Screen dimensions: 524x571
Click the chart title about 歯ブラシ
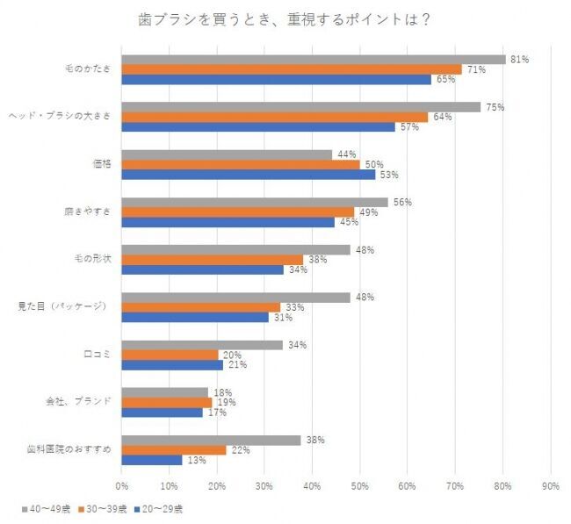285,18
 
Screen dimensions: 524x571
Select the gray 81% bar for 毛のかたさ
314,59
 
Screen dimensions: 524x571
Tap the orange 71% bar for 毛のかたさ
291,69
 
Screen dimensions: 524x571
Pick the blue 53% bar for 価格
248,174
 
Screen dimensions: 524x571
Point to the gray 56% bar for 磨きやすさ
254,202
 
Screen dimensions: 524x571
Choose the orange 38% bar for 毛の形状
212,260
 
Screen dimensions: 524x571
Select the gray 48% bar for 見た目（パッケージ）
235,298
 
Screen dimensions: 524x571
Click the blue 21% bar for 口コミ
172,364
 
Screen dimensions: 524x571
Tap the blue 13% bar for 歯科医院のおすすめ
152,459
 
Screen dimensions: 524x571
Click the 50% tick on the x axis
359,484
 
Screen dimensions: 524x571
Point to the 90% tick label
550,484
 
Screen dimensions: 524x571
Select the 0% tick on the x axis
122,484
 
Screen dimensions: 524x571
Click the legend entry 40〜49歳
44,507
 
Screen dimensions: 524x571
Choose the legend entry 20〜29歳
156,507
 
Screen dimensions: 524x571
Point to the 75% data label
495,107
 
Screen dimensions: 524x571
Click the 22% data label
240,449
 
